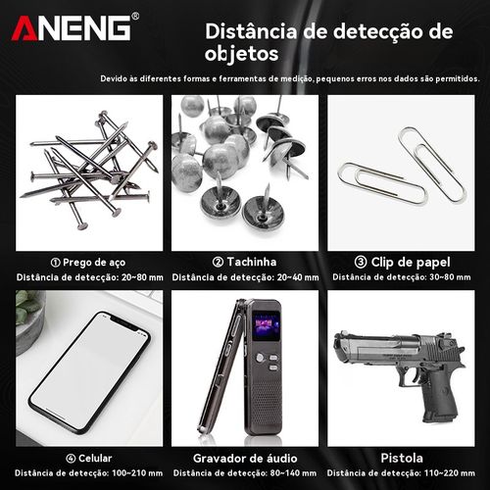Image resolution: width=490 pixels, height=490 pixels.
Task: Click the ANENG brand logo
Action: (71, 27)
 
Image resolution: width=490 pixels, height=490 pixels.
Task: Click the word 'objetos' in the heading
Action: (241, 52)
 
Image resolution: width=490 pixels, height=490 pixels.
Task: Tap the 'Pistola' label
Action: (403, 458)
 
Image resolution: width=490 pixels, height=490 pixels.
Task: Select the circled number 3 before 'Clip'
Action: (361, 263)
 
